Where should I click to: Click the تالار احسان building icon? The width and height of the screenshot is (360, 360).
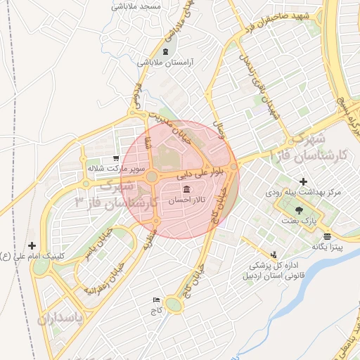pos(186,191)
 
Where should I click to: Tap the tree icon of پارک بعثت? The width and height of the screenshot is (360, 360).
pos(300,210)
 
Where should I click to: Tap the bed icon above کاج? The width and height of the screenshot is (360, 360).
pos(156,300)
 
